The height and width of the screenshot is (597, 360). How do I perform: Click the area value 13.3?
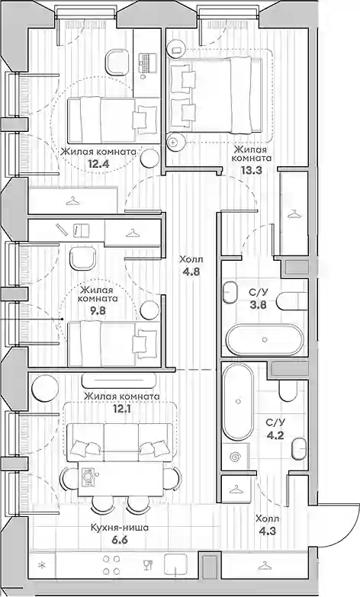251,170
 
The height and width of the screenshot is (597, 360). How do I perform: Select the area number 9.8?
98,310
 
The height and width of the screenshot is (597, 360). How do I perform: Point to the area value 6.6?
119,539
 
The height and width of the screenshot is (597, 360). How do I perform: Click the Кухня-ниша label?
120,528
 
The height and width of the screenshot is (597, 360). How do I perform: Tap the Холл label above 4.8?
191,260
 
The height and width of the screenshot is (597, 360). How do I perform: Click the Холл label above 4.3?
268,518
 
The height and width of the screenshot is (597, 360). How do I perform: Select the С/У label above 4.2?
275,422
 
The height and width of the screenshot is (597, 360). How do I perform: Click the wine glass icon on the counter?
148,565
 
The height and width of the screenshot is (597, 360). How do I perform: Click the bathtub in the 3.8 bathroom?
265,339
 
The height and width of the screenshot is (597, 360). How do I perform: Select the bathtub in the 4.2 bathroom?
238,402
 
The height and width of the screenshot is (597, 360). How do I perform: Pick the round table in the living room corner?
45,388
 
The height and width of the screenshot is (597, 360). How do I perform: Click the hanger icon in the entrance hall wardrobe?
265,566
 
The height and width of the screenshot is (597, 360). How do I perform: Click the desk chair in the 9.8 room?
82,258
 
